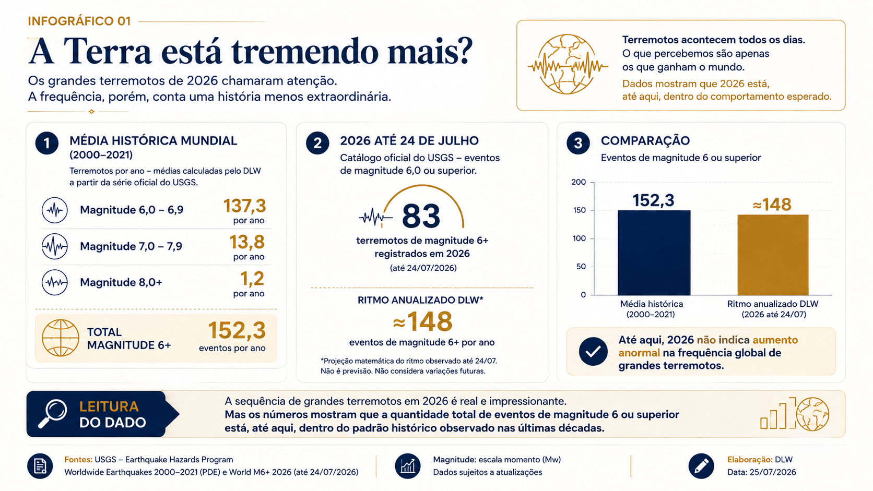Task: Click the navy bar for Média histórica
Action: click(x=654, y=253)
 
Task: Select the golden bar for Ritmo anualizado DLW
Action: click(x=773, y=255)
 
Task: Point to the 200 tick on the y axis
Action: click(x=579, y=182)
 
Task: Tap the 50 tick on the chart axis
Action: click(x=581, y=267)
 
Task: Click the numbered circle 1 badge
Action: click(x=47, y=143)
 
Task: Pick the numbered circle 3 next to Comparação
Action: click(x=578, y=143)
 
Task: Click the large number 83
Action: click(x=421, y=216)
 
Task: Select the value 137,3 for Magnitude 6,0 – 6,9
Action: click(x=244, y=206)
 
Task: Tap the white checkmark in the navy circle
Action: click(x=593, y=352)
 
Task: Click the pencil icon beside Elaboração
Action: click(x=701, y=465)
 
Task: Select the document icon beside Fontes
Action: click(x=40, y=465)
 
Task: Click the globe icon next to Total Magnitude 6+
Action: click(x=61, y=338)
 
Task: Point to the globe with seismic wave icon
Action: click(x=568, y=65)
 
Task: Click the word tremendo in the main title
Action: click(x=304, y=52)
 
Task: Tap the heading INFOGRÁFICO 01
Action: click(x=79, y=21)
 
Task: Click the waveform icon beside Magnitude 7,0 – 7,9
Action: click(x=54, y=246)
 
